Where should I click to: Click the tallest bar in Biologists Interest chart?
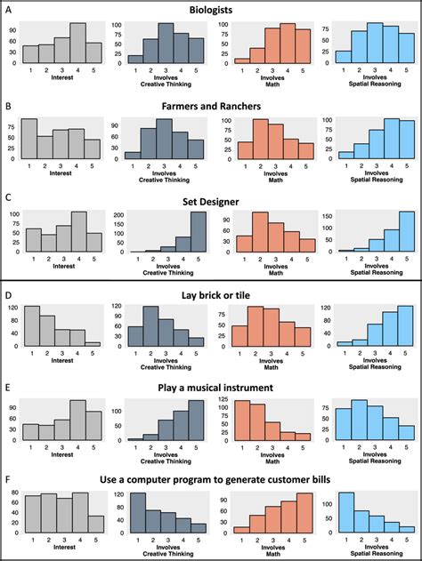coord(77,44)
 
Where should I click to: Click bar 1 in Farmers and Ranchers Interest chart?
coord(30,139)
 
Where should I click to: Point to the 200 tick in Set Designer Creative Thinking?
coord(115,214)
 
